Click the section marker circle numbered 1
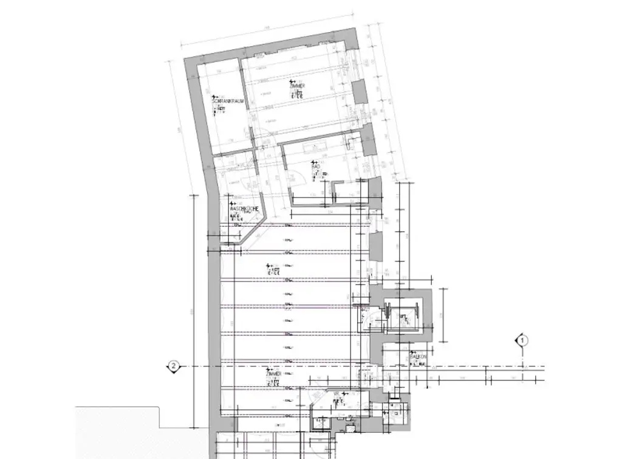pos(522,340)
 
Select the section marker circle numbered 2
pos(174,366)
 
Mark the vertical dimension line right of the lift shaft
pos(445,315)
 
